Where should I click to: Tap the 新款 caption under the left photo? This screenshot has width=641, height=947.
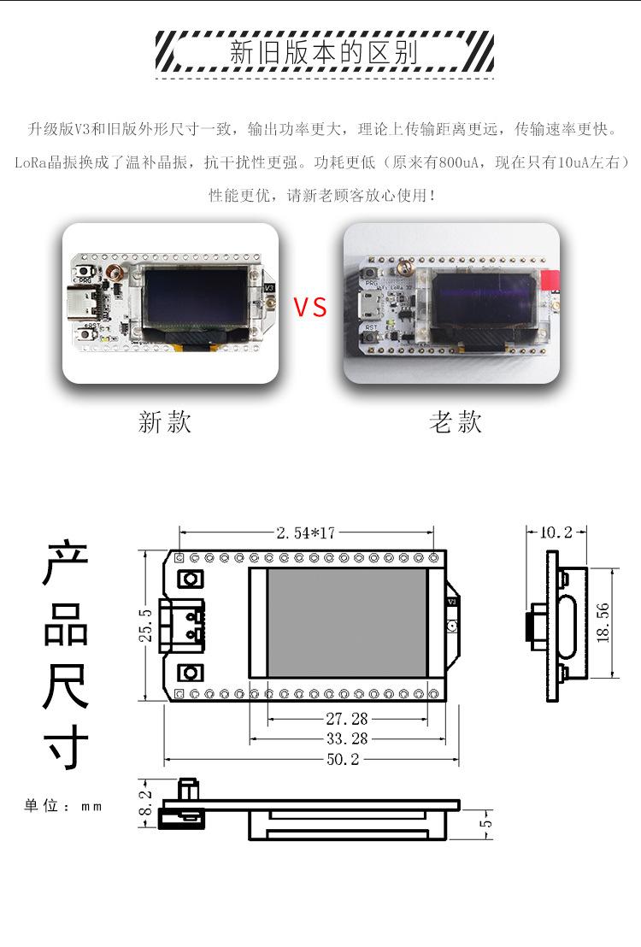(165, 422)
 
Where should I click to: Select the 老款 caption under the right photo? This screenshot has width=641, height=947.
(456, 422)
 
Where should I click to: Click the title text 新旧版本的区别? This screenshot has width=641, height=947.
(324, 52)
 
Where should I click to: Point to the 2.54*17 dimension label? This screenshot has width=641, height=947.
(306, 533)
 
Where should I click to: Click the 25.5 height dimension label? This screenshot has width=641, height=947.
(146, 625)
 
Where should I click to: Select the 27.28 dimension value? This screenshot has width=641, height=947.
(347, 719)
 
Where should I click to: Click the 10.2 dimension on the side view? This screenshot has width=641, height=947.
(556, 532)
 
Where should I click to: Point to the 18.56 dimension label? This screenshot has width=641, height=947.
(603, 623)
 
